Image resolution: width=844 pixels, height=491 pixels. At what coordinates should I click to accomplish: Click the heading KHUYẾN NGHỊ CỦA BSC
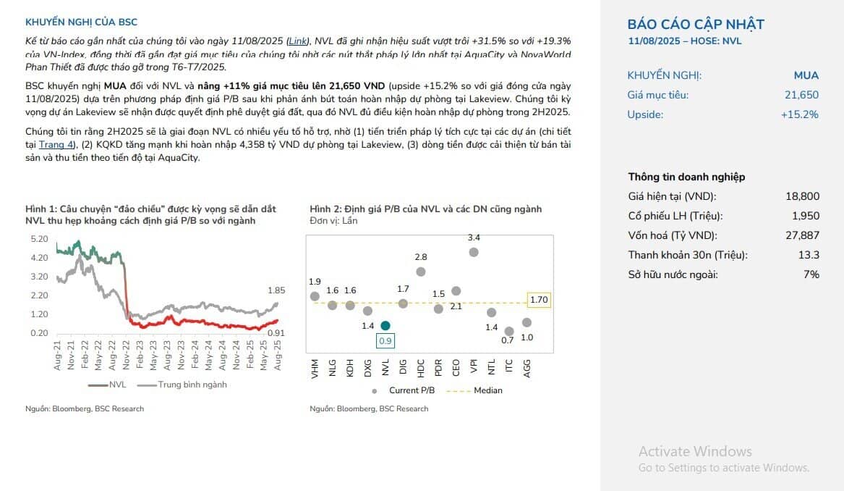(x=81, y=22)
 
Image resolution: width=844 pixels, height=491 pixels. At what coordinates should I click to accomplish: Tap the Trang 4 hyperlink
(x=56, y=145)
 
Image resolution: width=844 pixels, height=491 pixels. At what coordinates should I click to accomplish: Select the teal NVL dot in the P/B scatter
(x=385, y=326)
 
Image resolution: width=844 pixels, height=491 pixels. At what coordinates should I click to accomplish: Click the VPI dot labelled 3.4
(x=474, y=252)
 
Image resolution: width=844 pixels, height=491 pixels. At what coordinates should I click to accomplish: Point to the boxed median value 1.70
(x=539, y=299)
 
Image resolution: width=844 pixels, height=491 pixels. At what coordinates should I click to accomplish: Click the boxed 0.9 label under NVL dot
(x=385, y=340)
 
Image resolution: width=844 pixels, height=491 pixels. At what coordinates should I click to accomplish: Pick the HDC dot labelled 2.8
(x=421, y=272)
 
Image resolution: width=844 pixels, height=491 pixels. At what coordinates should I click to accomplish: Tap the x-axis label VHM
(x=315, y=370)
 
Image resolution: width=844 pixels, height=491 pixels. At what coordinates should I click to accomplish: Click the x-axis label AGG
(x=527, y=370)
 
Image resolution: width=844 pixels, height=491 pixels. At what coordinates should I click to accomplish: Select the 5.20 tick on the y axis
(x=39, y=238)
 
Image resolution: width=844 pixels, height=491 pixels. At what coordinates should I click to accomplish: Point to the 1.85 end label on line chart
(x=276, y=290)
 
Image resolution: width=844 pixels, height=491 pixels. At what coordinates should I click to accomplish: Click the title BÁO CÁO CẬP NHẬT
(x=695, y=24)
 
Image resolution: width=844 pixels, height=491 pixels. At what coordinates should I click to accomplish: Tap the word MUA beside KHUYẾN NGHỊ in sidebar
(x=806, y=75)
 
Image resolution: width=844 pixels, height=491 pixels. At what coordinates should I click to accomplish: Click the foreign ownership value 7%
(x=811, y=274)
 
